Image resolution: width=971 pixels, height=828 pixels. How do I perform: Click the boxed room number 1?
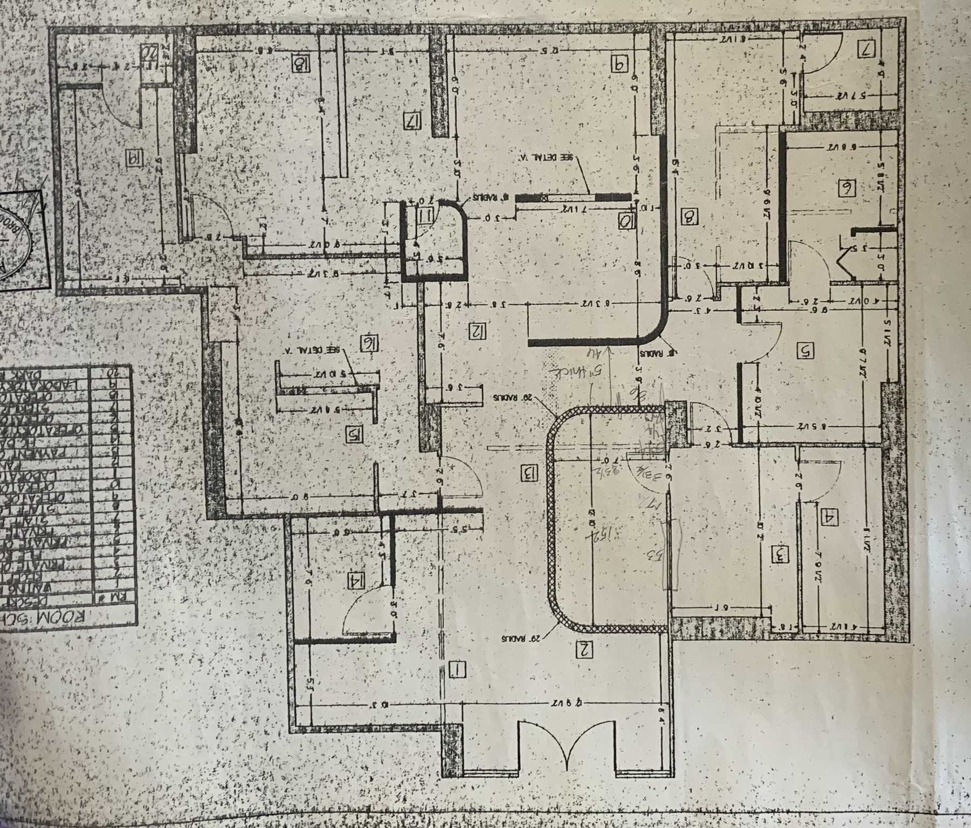click(x=458, y=670)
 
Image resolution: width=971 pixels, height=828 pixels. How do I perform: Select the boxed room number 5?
click(x=805, y=350)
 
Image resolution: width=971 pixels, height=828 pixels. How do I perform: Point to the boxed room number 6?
click(x=846, y=188)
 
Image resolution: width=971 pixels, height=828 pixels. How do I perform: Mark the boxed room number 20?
click(x=147, y=51)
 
